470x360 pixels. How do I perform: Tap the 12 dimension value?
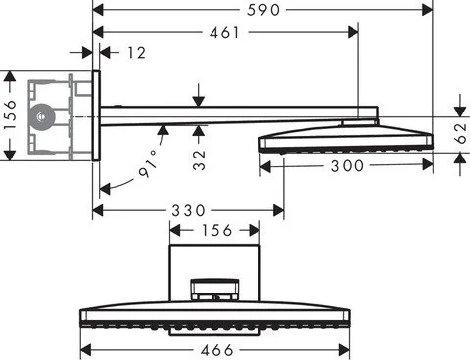click(135, 53)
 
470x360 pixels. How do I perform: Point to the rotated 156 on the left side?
click(10, 114)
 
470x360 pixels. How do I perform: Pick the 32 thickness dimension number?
click(199, 159)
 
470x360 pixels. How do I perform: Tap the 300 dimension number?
click(347, 166)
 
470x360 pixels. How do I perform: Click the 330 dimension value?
click(189, 210)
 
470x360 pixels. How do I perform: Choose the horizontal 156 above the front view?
click(216, 231)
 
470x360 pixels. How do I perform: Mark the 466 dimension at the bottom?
click(216, 349)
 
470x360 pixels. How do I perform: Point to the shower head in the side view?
click(345, 135)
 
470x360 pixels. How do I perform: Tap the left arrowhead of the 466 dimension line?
click(85, 349)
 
